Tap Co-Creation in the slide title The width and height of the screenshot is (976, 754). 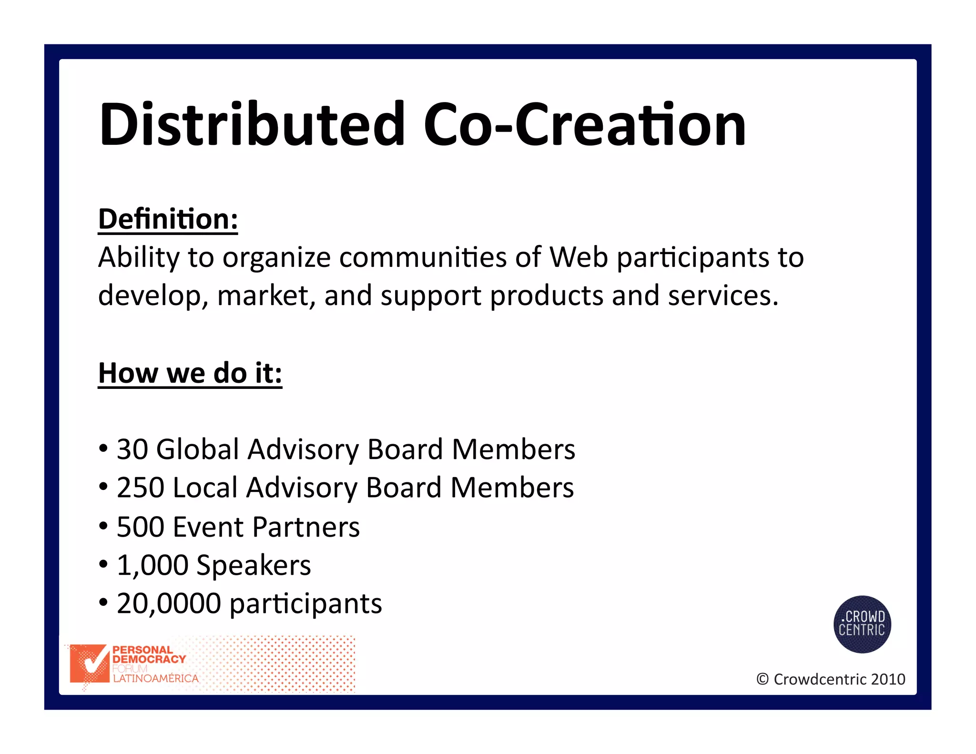click(584, 125)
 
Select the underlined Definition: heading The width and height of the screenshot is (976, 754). click(168, 219)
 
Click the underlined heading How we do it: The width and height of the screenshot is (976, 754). click(190, 373)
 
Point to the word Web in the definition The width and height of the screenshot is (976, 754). click(579, 257)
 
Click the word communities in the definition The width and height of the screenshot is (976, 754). click(423, 257)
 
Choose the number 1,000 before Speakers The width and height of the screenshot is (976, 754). click(152, 565)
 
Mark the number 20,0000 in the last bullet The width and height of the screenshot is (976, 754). click(169, 603)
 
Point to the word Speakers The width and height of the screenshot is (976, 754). click(254, 566)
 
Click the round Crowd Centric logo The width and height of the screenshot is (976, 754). click(862, 624)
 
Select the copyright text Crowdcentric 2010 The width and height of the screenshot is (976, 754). click(839, 679)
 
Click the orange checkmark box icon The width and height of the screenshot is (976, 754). click(89, 663)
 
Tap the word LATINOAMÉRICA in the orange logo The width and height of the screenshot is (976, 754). click(155, 679)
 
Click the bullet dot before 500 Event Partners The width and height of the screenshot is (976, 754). click(103, 527)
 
